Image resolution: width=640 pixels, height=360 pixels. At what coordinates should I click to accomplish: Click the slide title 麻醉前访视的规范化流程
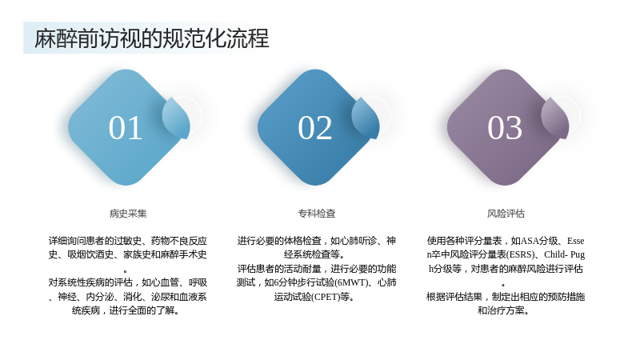pyautogui.click(x=151, y=38)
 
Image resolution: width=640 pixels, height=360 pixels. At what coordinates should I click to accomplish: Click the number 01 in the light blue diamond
pyautogui.click(x=126, y=128)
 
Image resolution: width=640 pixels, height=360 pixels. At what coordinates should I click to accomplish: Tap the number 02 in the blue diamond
pyautogui.click(x=314, y=128)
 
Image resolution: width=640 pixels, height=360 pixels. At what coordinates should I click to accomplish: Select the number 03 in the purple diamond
pyautogui.click(x=505, y=128)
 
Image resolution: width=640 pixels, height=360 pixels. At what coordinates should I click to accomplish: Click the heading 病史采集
pyautogui.click(x=128, y=214)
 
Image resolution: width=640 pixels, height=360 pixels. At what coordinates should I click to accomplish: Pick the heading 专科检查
pyautogui.click(x=317, y=214)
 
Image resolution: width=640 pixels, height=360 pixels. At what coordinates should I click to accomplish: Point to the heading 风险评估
pyautogui.click(x=506, y=214)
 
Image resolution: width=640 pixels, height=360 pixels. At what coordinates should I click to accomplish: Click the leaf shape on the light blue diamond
pyautogui.click(x=176, y=118)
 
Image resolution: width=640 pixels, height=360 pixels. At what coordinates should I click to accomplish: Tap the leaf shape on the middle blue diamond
pyautogui.click(x=366, y=118)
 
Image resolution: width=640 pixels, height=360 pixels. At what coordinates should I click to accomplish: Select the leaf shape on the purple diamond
pyautogui.click(x=555, y=118)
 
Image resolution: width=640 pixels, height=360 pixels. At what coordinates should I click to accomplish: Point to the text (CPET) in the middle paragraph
pyautogui.click(x=326, y=297)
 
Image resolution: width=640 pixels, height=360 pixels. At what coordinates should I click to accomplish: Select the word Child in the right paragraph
pyautogui.click(x=554, y=254)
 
